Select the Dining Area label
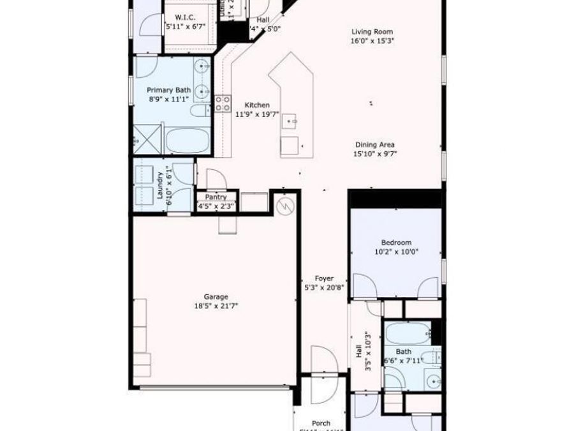(374, 145)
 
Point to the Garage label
(216, 296)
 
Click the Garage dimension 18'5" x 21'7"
(216, 305)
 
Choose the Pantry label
(216, 197)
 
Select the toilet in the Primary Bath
(200, 112)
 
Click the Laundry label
(160, 186)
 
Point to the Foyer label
(325, 278)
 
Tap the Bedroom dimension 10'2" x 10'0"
(396, 252)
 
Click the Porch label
(321, 423)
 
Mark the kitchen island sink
(291, 120)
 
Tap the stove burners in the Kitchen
(222, 104)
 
